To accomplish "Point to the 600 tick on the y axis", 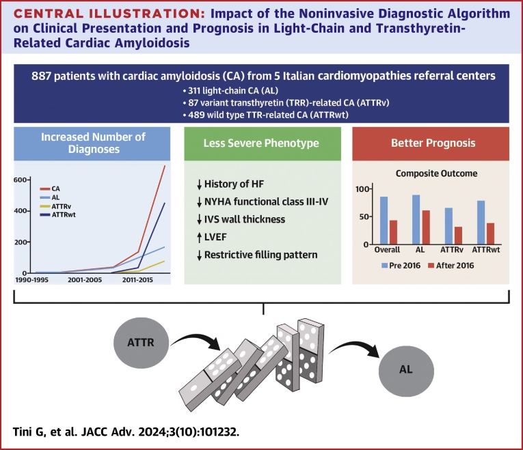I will tap(21, 180).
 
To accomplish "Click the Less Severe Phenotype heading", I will tap(264, 145).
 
